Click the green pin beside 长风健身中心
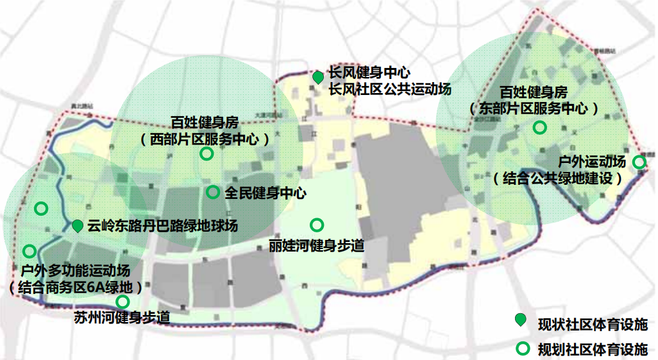317,77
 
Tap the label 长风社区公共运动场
390,89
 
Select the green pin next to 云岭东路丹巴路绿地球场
77,225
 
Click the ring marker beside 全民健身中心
213,192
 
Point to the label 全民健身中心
265,193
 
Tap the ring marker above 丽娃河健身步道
317,225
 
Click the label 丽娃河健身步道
317,246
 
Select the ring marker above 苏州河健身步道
122,302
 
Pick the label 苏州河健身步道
122,317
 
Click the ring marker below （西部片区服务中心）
207,153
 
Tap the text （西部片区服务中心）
205,138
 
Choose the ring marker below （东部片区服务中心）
540,128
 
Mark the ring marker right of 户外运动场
639,162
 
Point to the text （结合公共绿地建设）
558,178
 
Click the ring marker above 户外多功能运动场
29,251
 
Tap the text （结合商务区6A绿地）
76,286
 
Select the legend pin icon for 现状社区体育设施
521,320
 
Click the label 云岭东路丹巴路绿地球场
163,226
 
